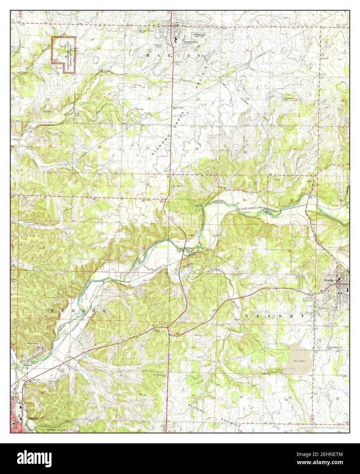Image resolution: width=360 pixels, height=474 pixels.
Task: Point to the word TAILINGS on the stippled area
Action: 298,360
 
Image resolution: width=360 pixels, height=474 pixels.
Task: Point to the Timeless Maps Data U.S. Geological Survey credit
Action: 322,427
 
